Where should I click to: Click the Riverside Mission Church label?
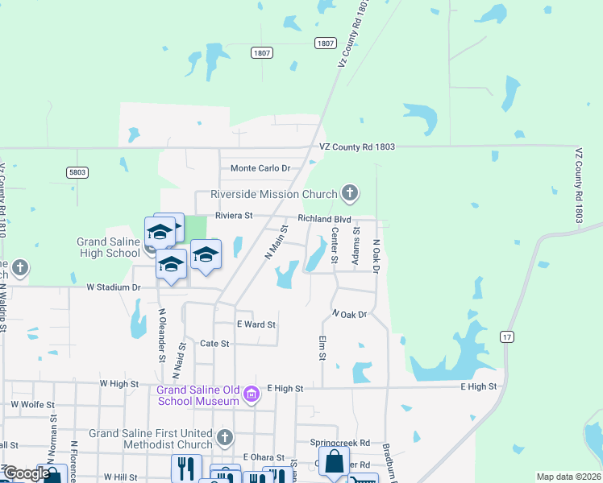273,194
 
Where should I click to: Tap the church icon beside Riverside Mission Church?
349,192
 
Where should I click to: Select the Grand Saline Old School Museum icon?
252,394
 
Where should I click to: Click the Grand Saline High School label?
108,247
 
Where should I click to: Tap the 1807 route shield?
325,43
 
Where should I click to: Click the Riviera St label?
234,216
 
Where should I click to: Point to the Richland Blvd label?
324,218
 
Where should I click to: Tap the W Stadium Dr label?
114,287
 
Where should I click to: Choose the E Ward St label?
256,324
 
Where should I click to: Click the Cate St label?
214,343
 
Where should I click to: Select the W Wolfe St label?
32,404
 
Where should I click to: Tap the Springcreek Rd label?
339,443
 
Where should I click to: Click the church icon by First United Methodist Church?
224,438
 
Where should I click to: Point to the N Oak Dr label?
350,314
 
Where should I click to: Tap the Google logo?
26,473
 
